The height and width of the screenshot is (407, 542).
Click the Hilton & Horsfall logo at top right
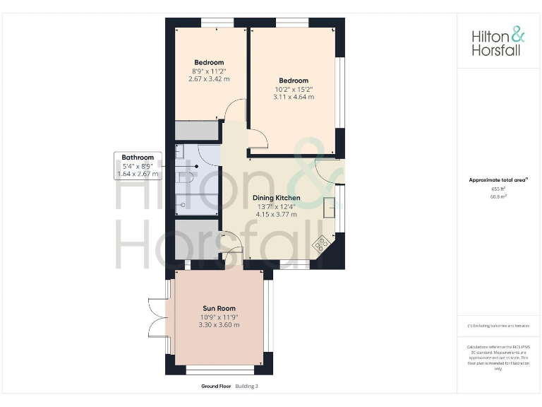(498, 42)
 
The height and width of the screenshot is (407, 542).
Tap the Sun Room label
(219, 308)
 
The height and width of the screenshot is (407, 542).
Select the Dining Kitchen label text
(276, 198)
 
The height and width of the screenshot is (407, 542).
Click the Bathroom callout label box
(138, 165)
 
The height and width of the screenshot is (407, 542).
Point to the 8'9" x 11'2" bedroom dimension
(210, 71)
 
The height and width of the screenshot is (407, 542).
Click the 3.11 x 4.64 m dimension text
(293, 97)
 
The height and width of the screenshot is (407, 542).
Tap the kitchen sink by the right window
(330, 208)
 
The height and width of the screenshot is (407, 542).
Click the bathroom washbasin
(180, 153)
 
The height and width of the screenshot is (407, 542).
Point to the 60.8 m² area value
(498, 196)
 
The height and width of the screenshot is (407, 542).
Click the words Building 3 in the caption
(247, 387)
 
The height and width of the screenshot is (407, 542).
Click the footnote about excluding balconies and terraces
(498, 326)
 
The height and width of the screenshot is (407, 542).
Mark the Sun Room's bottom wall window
(219, 370)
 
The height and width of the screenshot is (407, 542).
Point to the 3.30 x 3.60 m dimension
(219, 325)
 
